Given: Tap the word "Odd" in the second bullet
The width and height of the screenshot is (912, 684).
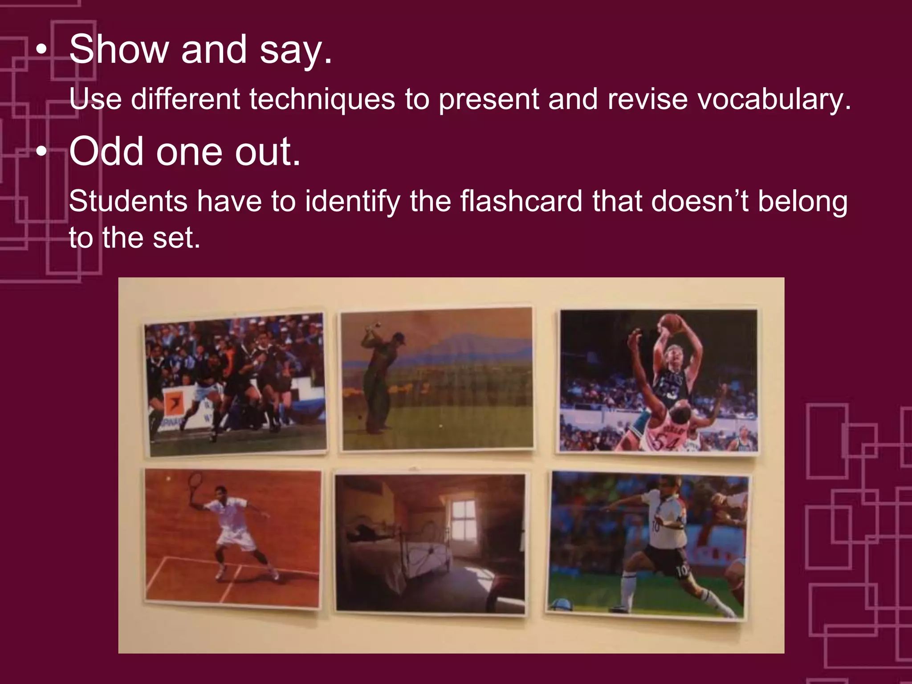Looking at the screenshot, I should click(106, 151).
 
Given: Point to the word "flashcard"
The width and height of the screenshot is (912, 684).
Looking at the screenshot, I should click(521, 201).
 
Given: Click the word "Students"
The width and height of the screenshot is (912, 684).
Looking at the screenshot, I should click(128, 201).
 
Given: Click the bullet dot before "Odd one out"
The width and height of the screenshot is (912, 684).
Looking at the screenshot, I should click(41, 152).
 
